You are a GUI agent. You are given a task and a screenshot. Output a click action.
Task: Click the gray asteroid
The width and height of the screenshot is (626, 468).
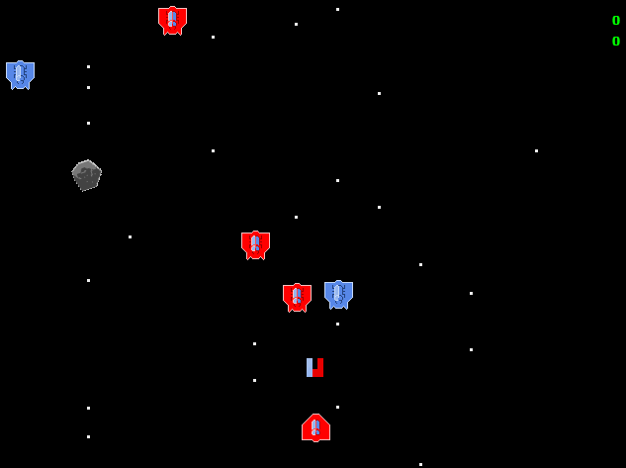pos(87,175)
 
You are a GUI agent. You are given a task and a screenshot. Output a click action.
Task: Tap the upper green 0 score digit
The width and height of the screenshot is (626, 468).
pos(616,21)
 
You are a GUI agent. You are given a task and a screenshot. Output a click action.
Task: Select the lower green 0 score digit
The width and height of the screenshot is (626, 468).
pos(616,42)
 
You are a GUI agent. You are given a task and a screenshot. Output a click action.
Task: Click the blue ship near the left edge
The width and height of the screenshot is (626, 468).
pos(21,74)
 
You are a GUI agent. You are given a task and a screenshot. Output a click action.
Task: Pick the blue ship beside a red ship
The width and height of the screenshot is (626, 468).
pos(338,295)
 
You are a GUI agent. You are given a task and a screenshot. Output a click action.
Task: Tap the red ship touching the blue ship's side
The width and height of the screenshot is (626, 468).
pos(297,298)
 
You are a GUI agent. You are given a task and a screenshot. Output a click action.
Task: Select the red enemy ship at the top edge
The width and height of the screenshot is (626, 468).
pos(172,21)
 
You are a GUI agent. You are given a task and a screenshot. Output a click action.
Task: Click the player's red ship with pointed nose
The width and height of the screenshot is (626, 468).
pos(315,427)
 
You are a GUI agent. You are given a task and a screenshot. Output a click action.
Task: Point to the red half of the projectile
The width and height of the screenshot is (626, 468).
pos(318,368)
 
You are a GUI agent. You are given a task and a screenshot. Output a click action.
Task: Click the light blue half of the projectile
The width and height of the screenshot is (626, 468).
pos(310,368)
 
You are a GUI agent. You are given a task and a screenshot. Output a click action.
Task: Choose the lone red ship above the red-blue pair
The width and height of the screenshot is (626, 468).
pos(255,245)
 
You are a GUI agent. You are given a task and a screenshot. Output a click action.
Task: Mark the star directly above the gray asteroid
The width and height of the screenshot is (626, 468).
pos(88,123)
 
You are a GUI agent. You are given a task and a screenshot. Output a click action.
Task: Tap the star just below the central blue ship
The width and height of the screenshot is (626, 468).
pos(338,324)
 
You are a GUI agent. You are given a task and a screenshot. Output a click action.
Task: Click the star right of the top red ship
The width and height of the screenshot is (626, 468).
pos(214,38)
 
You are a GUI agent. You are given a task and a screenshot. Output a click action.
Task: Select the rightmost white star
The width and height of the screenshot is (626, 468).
pos(537,151)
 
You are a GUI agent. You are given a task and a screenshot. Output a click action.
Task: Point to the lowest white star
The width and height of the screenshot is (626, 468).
pos(420,464)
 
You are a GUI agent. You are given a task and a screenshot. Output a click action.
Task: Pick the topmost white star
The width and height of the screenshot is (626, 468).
pos(338,9)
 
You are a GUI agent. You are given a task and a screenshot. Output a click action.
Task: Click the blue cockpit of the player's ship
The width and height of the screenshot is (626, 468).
pos(315,427)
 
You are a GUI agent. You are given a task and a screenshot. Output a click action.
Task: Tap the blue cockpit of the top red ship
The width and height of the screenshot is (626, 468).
pos(172,19)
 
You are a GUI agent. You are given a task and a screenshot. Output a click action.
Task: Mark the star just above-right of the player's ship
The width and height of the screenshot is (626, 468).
pos(338,408)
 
